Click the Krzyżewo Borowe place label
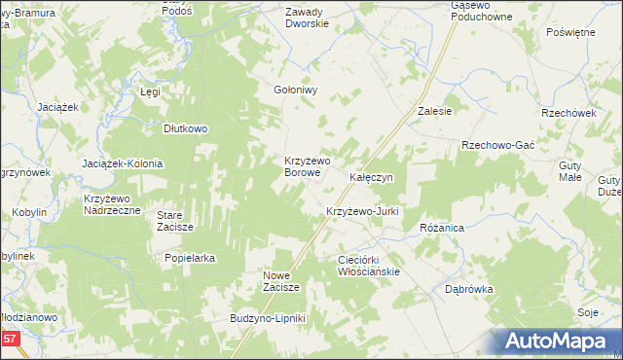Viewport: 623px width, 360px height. (308, 165)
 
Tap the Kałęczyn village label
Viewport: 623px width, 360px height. (371, 178)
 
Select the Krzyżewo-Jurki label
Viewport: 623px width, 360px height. (362, 211)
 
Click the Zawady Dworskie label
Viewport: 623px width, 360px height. (308, 18)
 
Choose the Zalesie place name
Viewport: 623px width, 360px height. (434, 111)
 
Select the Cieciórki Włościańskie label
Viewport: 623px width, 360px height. (368, 266)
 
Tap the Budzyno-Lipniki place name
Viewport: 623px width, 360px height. (268, 319)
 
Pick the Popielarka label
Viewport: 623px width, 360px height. (190, 259)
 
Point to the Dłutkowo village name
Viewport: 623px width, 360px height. (186, 127)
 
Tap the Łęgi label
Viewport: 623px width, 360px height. (149, 91)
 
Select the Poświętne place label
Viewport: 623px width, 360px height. (570, 32)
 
